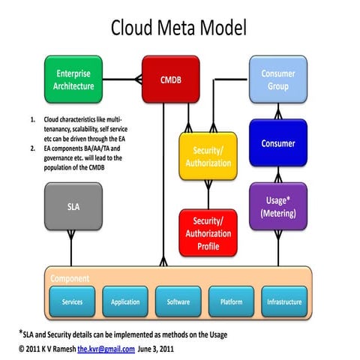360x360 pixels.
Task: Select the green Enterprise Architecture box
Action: pyautogui.click(x=73, y=80)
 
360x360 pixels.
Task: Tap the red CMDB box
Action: pyautogui.click(x=169, y=79)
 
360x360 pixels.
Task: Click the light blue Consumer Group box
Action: pyautogui.click(x=278, y=80)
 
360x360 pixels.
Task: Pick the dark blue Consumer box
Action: pyautogui.click(x=278, y=142)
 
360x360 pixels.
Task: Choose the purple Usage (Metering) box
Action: pyautogui.click(x=278, y=206)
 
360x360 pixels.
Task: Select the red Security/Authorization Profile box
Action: pyautogui.click(x=207, y=232)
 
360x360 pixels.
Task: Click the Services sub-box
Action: pyautogui.click(x=73, y=302)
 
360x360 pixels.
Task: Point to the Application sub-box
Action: pyautogui.click(x=126, y=302)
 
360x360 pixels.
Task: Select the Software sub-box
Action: pyautogui.click(x=178, y=302)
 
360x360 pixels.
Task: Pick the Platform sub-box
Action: pyautogui.click(x=231, y=302)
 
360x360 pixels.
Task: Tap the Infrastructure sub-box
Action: pyautogui.click(x=284, y=302)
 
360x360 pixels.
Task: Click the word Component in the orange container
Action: pyautogui.click(x=70, y=277)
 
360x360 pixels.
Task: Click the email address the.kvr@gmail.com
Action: pyautogui.click(x=106, y=349)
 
